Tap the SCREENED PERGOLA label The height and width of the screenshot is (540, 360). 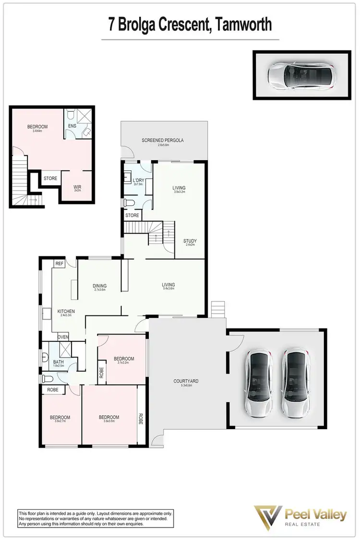(163, 140)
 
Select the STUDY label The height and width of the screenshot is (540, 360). (190, 241)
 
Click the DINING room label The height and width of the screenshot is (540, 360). (99, 286)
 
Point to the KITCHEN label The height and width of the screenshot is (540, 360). (66, 311)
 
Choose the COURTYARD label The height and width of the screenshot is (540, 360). (186, 381)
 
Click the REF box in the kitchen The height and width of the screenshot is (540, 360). (59, 264)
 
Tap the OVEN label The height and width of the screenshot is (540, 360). (63, 336)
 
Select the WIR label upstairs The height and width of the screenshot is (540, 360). (77, 187)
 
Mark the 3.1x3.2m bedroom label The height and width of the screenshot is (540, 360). (123, 363)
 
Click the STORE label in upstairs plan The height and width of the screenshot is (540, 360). (50, 179)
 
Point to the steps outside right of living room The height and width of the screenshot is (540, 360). (217, 309)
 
